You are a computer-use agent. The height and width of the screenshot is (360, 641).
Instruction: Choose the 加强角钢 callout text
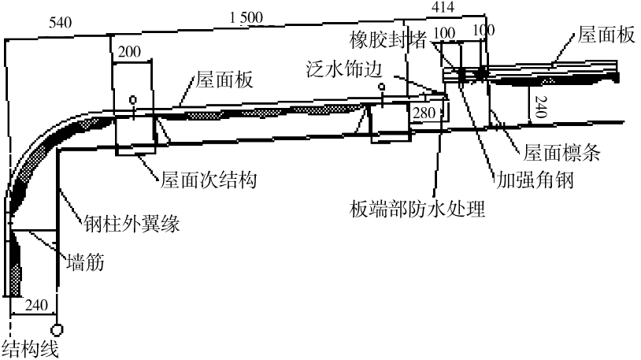532,180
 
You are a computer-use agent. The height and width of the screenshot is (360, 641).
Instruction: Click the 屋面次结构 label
209,180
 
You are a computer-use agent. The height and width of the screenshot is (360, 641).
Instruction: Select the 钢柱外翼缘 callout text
133,224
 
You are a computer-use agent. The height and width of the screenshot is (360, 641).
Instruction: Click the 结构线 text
30,348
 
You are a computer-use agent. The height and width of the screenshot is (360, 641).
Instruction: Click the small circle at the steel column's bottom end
57,328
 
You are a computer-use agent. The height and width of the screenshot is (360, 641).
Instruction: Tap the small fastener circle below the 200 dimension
132,100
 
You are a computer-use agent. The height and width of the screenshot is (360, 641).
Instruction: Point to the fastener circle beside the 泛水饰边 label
381,86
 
